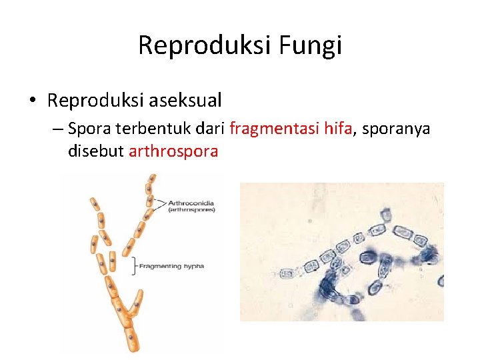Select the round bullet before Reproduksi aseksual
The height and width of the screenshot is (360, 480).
(x=33, y=101)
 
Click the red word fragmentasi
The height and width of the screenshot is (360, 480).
(x=269, y=128)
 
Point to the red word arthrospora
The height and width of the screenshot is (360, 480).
(x=173, y=151)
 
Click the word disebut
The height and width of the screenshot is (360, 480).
(x=95, y=151)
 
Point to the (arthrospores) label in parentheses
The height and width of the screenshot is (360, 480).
(x=192, y=209)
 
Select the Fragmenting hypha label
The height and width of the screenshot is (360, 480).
(x=171, y=266)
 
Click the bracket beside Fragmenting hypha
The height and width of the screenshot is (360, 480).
(x=135, y=265)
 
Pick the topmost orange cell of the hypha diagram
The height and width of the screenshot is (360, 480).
(x=152, y=179)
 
